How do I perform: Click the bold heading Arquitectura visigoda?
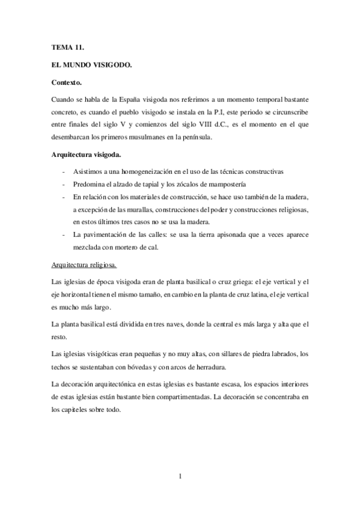(x=87, y=155)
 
